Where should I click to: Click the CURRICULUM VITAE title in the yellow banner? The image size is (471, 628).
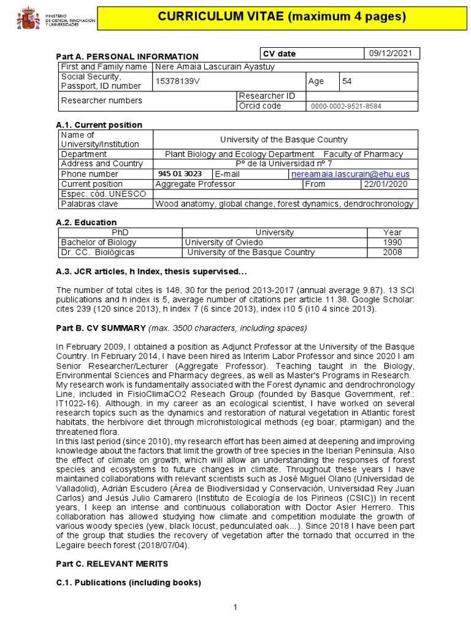point(282,17)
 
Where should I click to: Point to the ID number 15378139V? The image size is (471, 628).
point(177,81)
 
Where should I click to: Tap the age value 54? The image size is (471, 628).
point(347,81)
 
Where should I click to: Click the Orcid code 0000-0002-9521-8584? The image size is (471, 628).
point(346,106)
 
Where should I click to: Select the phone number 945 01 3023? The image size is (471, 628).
point(180,174)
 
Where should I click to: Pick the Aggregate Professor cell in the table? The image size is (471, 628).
point(195,184)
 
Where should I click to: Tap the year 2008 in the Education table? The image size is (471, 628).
point(392,252)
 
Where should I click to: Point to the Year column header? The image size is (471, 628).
point(392,232)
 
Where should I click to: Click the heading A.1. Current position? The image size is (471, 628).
point(99,125)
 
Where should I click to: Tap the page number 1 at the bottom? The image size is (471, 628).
point(235,607)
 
